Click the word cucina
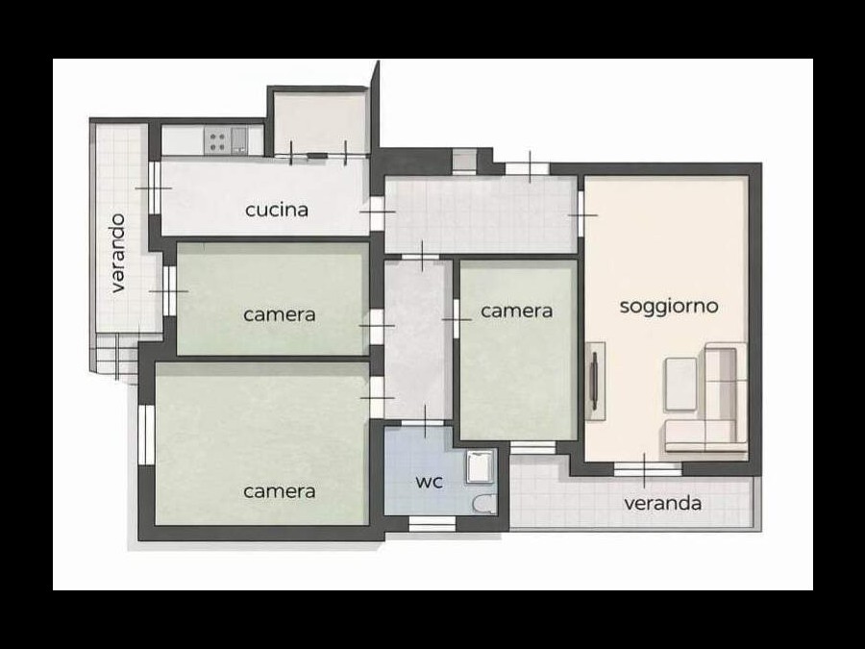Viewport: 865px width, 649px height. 277,211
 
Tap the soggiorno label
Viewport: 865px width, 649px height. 669,307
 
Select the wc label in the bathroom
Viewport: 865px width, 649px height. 430,482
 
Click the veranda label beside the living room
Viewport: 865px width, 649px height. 662,503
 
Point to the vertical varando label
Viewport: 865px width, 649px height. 118,253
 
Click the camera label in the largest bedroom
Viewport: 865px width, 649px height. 279,491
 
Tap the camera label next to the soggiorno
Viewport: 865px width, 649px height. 516,312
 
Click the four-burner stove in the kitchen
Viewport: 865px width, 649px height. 217,140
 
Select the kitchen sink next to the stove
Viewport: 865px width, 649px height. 239,140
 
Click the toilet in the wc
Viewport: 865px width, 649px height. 485,504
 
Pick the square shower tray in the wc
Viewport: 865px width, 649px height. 480,467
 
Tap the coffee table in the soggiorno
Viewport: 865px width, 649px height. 680,384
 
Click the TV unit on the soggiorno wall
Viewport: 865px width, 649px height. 595,382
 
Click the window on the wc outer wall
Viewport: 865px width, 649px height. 432,524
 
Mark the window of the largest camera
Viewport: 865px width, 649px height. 146,435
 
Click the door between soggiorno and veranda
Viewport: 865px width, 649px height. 645,469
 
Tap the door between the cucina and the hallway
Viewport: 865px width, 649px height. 378,212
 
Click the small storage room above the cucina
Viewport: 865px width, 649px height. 319,122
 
